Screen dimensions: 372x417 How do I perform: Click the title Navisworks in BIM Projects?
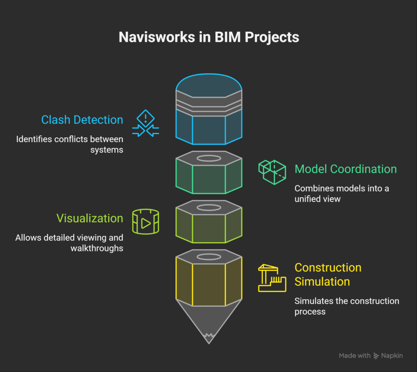pyautogui.click(x=208, y=37)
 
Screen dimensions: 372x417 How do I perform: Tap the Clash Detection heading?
pyautogui.click(x=82, y=120)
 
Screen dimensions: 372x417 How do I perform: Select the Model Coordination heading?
pyautogui.click(x=345, y=169)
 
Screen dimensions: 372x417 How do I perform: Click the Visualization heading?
pyautogui.click(x=90, y=218)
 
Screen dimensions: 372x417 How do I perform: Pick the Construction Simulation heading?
pyautogui.click(x=328, y=275)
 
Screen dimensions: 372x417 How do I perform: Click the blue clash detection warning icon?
pyautogui.click(x=145, y=123)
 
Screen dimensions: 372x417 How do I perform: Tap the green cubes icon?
pyautogui.click(x=272, y=172)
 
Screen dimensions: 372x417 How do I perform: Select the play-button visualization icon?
pyautogui.click(x=145, y=222)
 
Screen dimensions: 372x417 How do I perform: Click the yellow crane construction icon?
pyautogui.click(x=272, y=278)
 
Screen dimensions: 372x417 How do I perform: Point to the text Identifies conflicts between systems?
pyautogui.click(x=70, y=144)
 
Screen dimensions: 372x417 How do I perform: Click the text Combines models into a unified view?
pyautogui.click(x=341, y=194)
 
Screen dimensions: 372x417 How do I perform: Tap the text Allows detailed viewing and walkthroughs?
pyautogui.click(x=69, y=243)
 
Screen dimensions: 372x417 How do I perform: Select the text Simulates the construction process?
pyautogui.click(x=347, y=306)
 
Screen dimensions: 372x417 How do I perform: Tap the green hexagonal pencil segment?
pyautogui.click(x=208, y=175)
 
